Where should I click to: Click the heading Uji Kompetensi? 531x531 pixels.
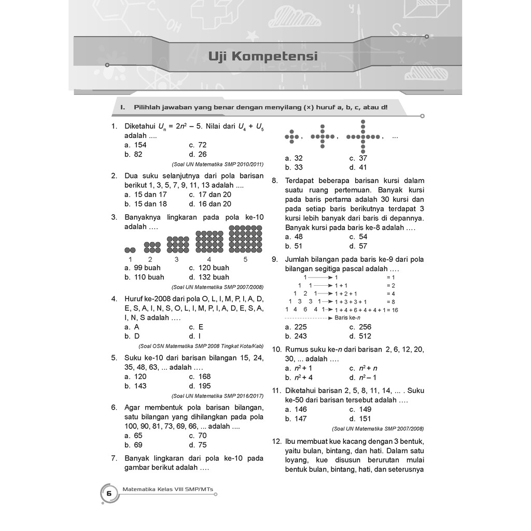click(x=263, y=56)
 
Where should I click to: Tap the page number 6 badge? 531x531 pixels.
click(x=109, y=493)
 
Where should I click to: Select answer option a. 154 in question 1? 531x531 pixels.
click(x=135, y=145)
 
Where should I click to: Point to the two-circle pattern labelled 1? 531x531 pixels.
click(x=130, y=249)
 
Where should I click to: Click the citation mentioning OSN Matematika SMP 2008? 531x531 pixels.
click(x=201, y=346)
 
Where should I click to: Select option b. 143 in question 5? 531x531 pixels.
click(x=135, y=386)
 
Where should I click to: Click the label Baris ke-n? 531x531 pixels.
click(x=347, y=317)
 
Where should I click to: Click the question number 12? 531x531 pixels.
click(x=276, y=441)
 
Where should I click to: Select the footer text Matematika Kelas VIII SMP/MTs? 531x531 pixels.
click(x=168, y=488)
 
